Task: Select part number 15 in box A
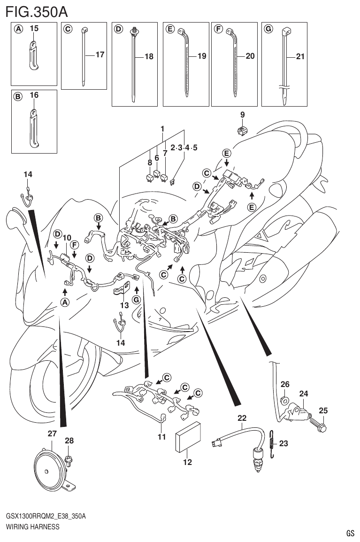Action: coord(34,29)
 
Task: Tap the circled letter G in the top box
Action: coord(268,29)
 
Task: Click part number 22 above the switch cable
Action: coord(242,418)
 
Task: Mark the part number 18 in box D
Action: coord(149,56)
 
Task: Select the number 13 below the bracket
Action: coord(123,305)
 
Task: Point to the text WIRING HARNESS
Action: coord(33,527)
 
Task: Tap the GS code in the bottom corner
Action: coord(350,533)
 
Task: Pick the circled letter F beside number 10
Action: coord(74,244)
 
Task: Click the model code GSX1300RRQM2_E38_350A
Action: coord(46,516)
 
